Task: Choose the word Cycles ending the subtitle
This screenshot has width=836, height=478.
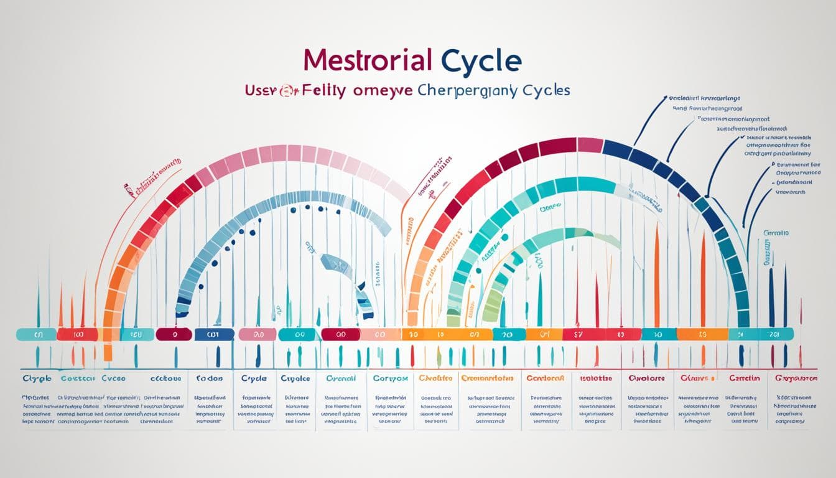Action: [x=546, y=90]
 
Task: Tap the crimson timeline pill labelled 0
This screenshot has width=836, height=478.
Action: [x=174, y=335]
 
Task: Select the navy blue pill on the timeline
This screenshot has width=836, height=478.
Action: [x=214, y=335]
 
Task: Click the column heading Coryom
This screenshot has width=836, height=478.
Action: [x=390, y=378]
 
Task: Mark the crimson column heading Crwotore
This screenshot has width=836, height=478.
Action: [x=647, y=378]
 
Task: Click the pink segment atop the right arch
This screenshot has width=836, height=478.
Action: [x=590, y=145]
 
